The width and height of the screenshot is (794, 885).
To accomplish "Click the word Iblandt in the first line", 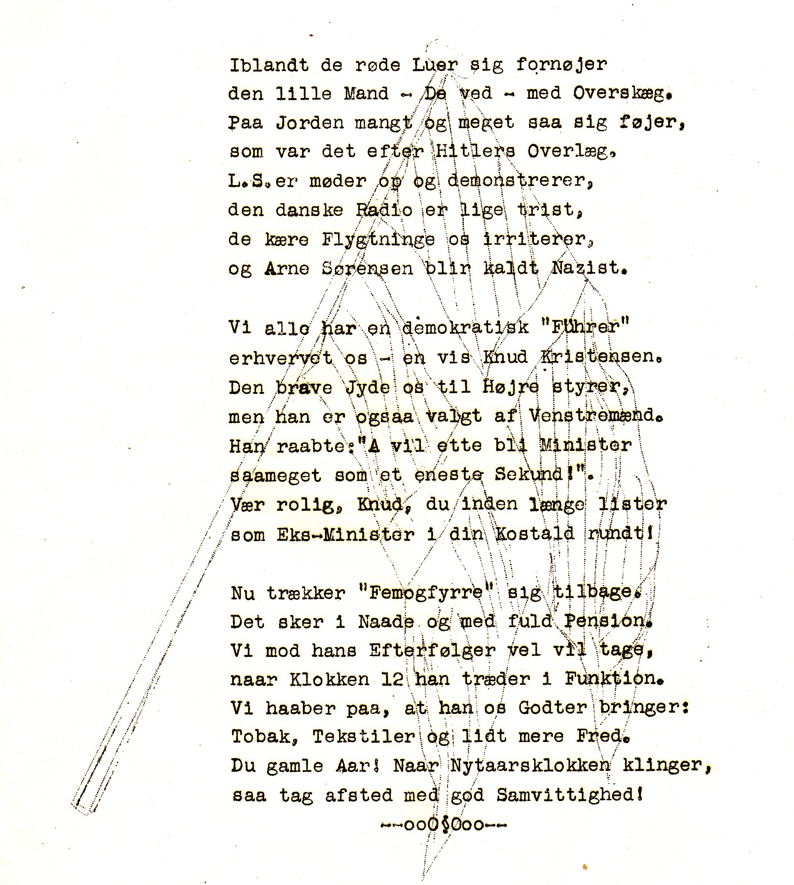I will [x=269, y=65].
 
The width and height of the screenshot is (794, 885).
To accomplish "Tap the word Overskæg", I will [x=622, y=94].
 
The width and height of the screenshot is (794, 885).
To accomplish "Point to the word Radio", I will [x=384, y=210].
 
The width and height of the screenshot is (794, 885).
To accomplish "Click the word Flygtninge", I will [x=378, y=240].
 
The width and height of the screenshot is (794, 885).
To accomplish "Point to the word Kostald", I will [x=535, y=534].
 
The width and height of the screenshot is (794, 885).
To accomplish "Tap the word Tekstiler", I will [x=363, y=737].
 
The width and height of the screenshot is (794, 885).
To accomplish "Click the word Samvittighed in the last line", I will [x=569, y=795].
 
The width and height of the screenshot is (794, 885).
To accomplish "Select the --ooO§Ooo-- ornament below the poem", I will [x=444, y=825].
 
